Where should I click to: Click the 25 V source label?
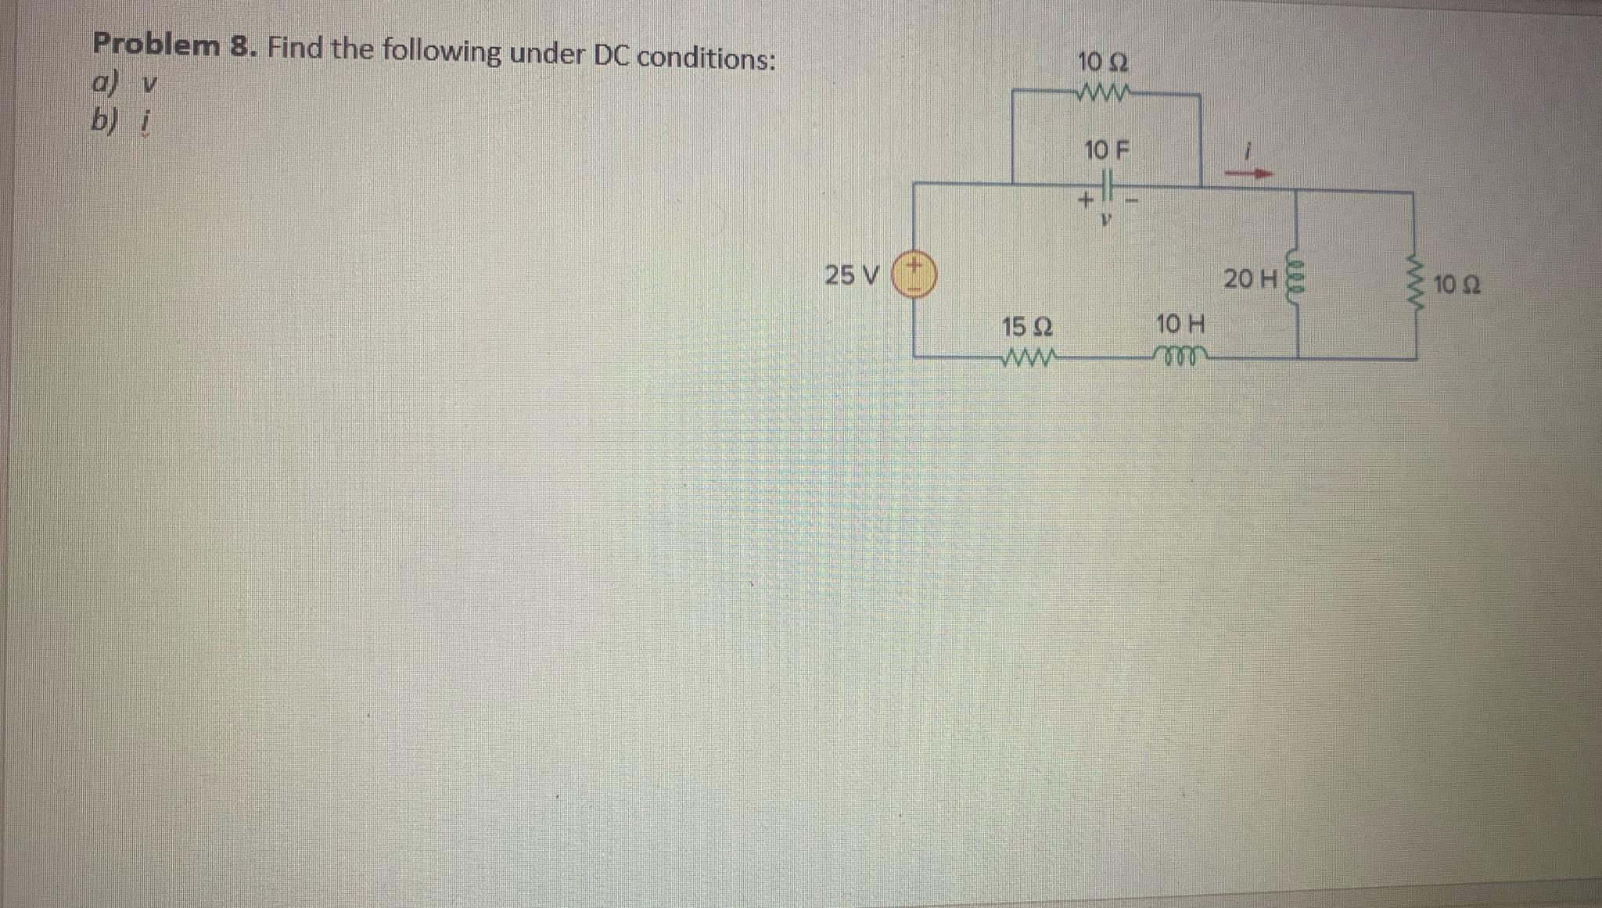pos(852,275)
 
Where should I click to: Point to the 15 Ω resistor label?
pos(1026,325)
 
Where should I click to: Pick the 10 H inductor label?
pos(1180,323)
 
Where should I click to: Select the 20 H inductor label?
pos(1250,278)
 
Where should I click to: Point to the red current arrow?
pos(1248,174)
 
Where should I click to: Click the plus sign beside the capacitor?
pos(1085,200)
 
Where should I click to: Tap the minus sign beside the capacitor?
pos(1132,201)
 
